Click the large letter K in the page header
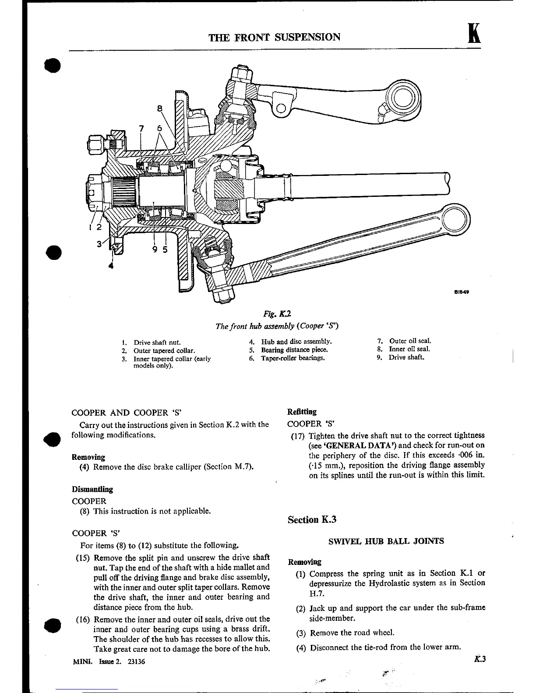pyautogui.click(x=472, y=34)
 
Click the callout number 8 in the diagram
pyautogui.click(x=160, y=108)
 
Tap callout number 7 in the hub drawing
pyautogui.click(x=141, y=128)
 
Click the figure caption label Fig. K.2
pyautogui.click(x=274, y=313)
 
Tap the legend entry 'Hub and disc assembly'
pyautogui.click(x=296, y=342)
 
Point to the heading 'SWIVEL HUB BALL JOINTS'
pyautogui.click(x=386, y=541)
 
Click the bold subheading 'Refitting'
pyautogui.click(x=302, y=412)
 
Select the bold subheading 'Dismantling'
pyautogui.click(x=92, y=489)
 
